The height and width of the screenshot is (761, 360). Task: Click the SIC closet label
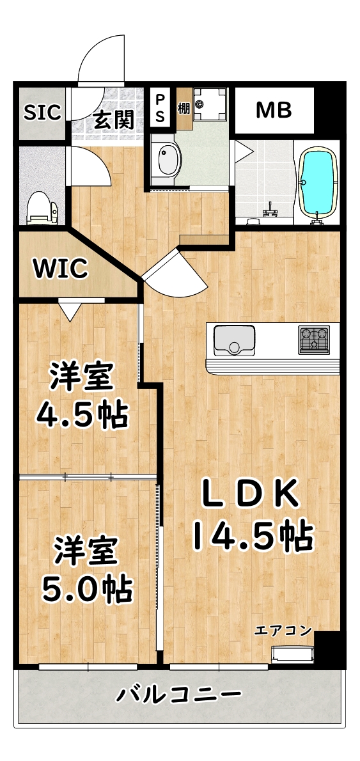(x=42, y=113)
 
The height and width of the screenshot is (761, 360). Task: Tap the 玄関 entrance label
(x=114, y=119)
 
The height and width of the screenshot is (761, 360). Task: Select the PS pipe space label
(x=160, y=109)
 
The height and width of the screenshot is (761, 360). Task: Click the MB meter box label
(x=274, y=110)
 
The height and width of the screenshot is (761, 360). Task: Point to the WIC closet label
(x=61, y=269)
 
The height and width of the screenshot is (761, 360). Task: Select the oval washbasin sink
(x=168, y=160)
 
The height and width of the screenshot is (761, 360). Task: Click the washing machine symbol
(x=208, y=104)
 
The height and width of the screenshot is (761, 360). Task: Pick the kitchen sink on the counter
(x=233, y=340)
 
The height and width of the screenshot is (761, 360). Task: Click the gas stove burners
(x=313, y=340)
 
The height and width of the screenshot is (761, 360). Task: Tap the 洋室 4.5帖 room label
(x=81, y=396)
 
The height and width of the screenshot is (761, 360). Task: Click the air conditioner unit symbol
(x=294, y=655)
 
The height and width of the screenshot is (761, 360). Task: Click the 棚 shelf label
(x=184, y=107)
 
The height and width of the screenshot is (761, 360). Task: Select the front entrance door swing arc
(x=99, y=58)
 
